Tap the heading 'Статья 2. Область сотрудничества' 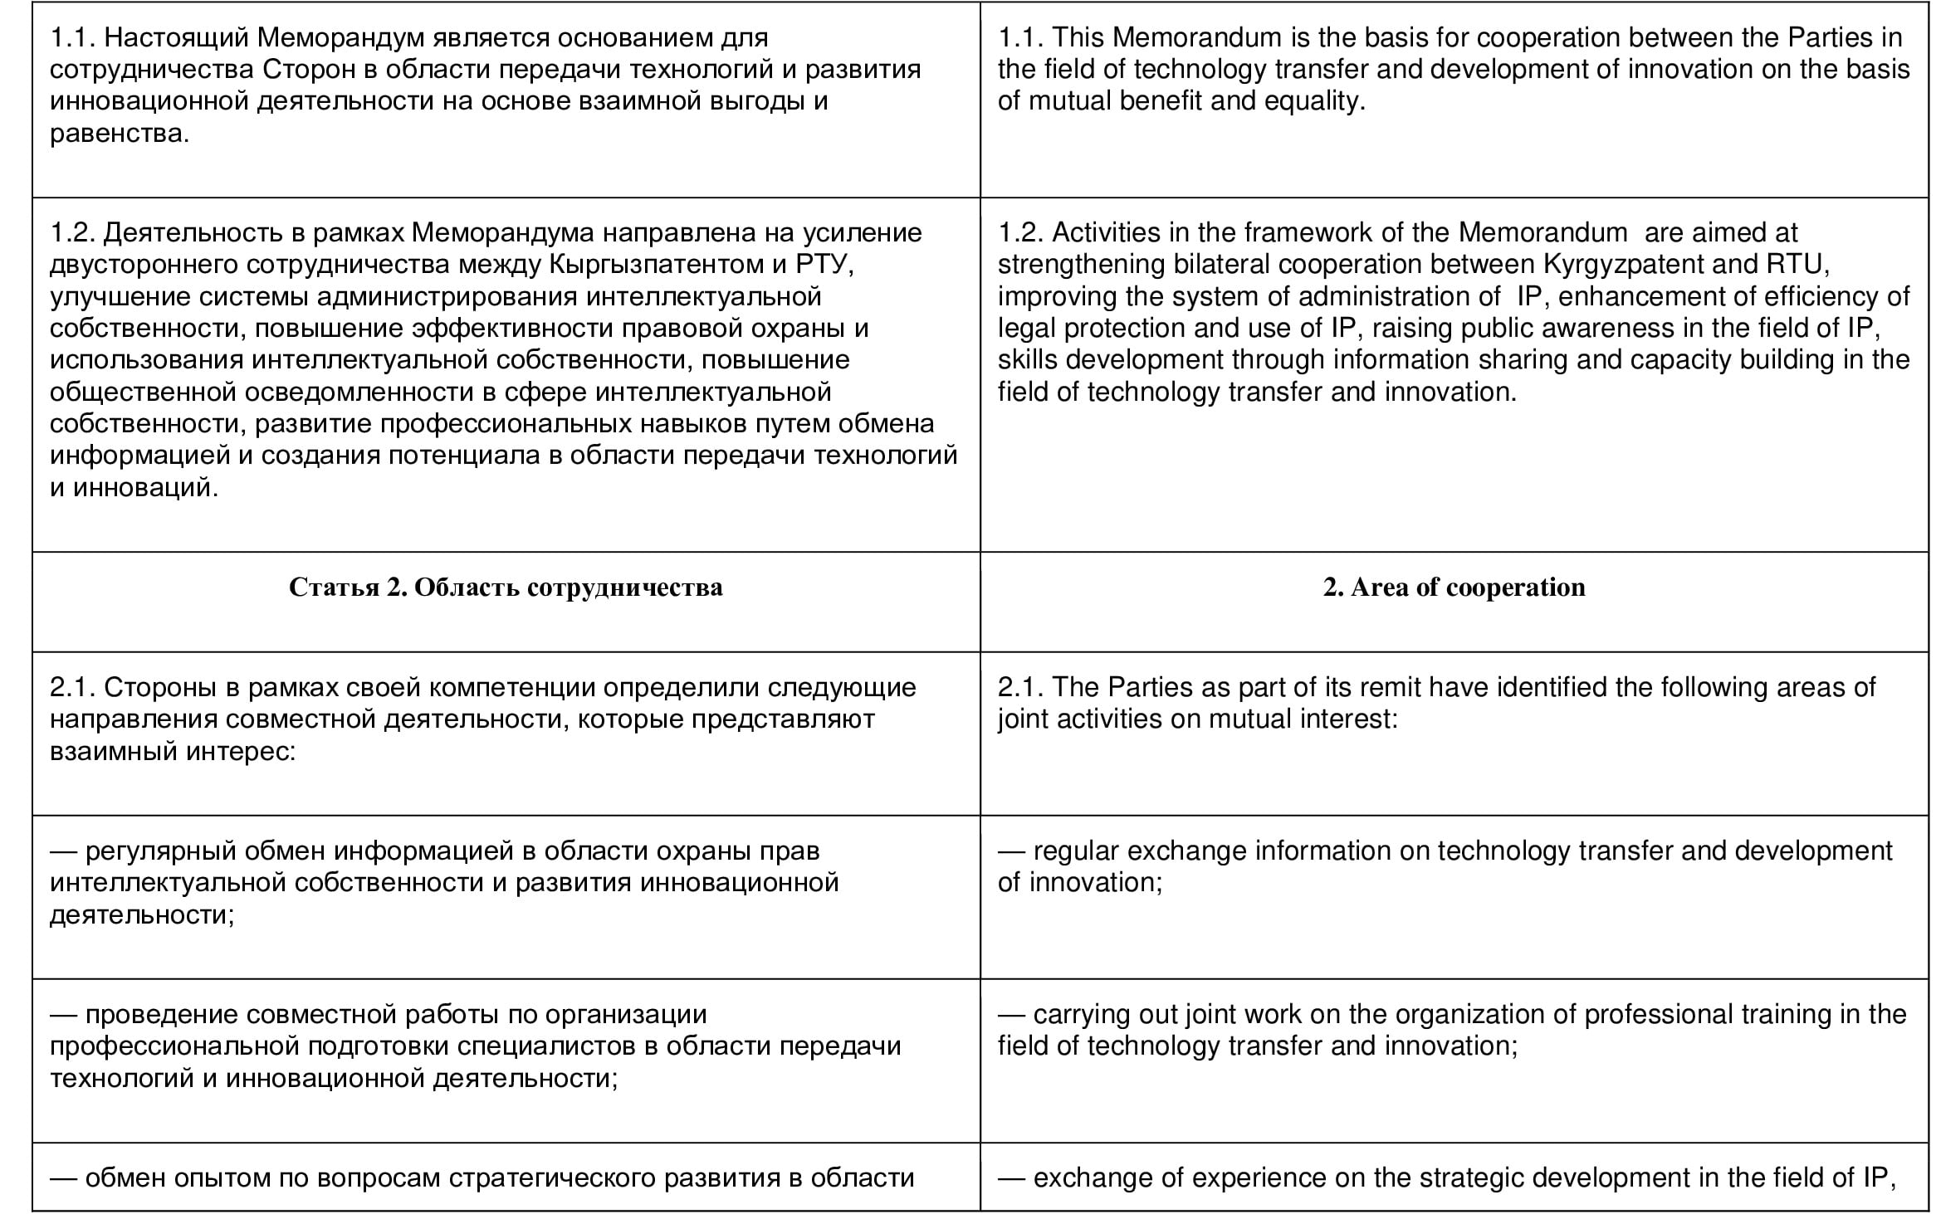click(x=506, y=587)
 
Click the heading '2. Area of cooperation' click(x=1454, y=587)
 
